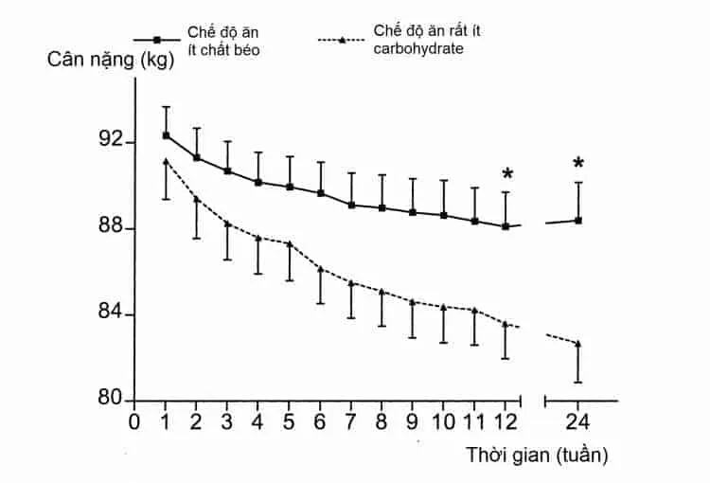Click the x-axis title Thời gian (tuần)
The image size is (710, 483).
(536, 455)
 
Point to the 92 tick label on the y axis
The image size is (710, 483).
(112, 141)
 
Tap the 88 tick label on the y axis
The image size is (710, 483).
(112, 228)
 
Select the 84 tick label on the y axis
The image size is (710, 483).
(112, 314)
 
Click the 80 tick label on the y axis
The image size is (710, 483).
(112, 399)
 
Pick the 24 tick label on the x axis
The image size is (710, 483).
(578, 422)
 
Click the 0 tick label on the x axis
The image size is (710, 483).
(134, 422)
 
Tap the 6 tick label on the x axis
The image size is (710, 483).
(320, 422)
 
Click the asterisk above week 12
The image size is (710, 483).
(507, 174)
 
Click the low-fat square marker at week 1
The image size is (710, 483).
(167, 135)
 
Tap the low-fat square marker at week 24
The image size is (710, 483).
(578, 220)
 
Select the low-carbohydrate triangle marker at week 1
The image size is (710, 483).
(167, 161)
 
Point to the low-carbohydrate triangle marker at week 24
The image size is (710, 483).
(578, 344)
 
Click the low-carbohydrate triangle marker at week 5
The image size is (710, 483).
(290, 243)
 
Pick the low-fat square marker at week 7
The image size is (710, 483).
(351, 205)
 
